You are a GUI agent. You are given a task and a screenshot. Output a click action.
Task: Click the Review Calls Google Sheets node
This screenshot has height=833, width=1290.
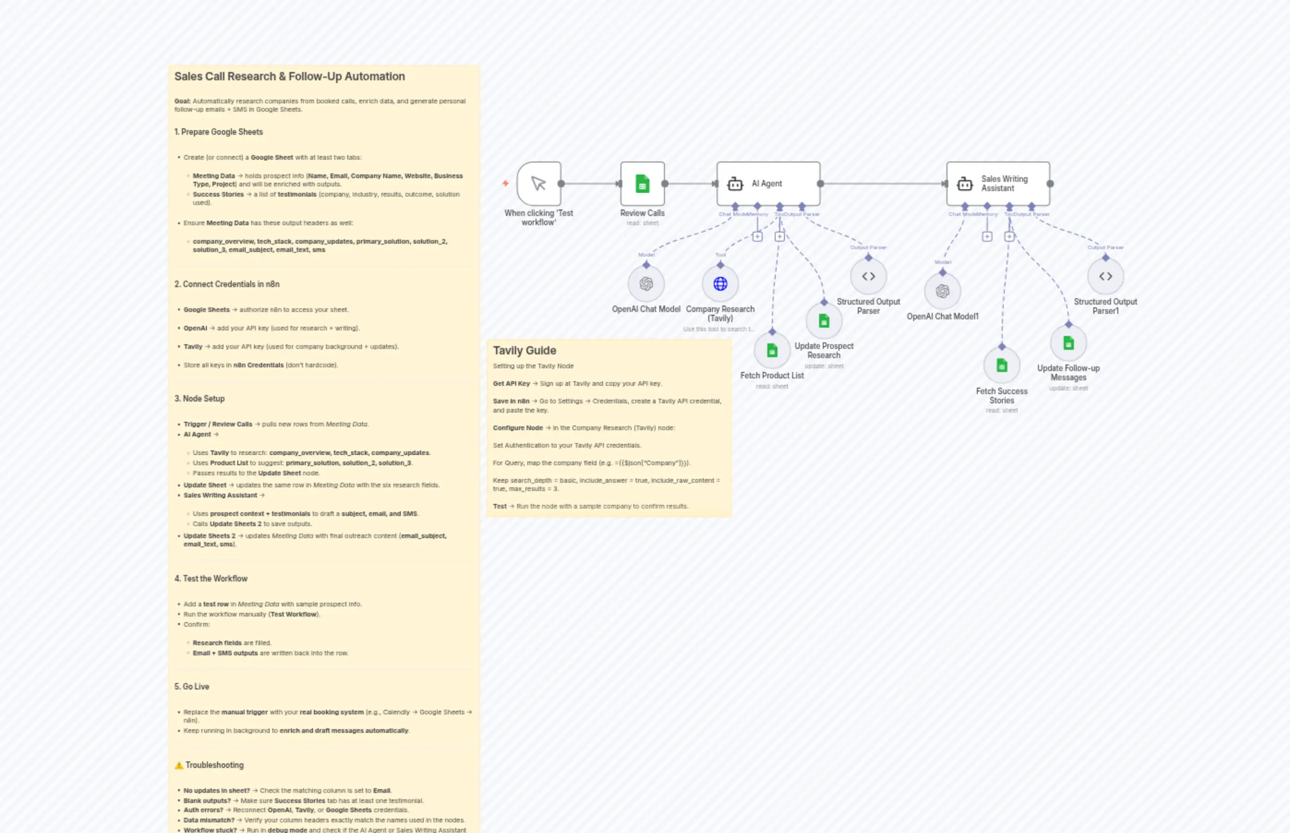point(642,183)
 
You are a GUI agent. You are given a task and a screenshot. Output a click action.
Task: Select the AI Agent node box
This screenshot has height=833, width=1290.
point(768,183)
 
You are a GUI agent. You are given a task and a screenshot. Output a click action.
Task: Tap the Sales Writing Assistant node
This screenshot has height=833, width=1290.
point(998,183)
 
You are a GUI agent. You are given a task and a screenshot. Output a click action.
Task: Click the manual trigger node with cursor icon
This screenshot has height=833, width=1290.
point(538,183)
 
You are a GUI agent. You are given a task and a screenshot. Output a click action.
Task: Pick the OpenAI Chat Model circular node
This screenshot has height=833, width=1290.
point(646,283)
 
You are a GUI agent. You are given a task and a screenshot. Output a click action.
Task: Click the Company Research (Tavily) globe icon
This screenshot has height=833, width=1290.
point(720,283)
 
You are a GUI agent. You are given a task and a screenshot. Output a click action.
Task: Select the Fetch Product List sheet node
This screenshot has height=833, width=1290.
point(772,351)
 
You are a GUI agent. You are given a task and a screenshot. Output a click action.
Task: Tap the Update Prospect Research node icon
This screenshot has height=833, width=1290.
point(824,321)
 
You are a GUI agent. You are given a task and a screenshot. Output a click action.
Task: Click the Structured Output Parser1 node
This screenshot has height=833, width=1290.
point(1105,276)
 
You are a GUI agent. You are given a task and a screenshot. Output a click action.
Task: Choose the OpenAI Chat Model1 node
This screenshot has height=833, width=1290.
point(943,291)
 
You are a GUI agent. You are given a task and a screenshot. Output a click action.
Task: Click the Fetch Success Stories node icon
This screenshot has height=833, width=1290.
point(1001,365)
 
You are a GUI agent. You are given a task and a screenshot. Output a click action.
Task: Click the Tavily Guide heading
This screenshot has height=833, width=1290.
point(524,351)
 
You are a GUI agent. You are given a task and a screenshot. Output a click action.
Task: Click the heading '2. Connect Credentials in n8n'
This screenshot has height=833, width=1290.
point(227,284)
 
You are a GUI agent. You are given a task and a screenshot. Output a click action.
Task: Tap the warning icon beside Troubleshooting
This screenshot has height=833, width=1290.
point(179,765)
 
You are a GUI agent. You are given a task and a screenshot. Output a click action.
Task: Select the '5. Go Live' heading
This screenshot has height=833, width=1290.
point(192,686)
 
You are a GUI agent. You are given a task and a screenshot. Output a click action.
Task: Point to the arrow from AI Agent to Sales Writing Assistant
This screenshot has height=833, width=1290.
point(883,183)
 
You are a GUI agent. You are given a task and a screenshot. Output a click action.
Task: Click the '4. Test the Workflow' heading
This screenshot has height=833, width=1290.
point(211,578)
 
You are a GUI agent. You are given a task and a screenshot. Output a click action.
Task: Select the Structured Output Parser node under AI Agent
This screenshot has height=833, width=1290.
point(868,276)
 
